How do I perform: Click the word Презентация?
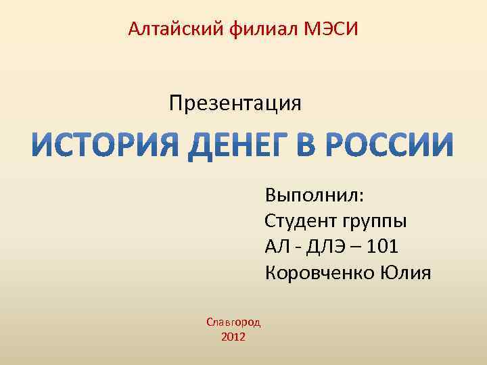pyautogui.click(x=235, y=103)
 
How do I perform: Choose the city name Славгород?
pyautogui.click(x=233, y=322)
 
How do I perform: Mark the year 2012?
pyautogui.click(x=233, y=337)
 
